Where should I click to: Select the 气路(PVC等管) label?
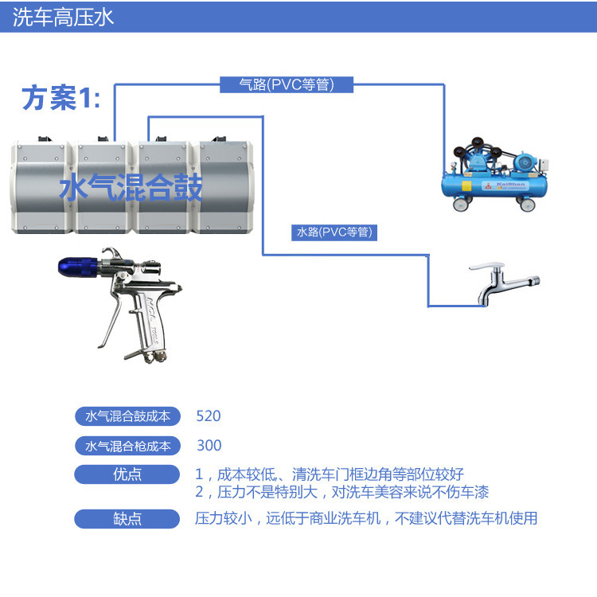287,84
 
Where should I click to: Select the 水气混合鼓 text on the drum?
131,188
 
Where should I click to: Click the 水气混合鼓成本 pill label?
127,416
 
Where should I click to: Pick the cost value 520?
208,416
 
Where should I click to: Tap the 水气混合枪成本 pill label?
127,446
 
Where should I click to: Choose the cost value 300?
209,446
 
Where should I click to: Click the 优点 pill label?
127,474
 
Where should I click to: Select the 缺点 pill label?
127,519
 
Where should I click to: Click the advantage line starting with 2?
342,491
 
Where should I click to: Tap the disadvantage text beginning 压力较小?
366,519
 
